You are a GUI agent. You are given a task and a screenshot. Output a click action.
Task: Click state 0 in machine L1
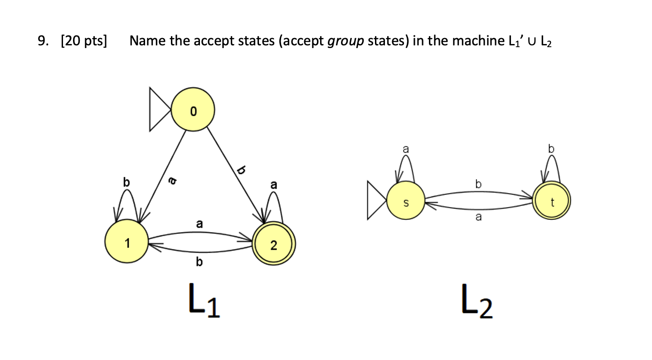coord(193,110)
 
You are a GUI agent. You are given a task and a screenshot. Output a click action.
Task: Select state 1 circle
coord(127,243)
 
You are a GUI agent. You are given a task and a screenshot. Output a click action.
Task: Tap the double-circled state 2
coord(273,245)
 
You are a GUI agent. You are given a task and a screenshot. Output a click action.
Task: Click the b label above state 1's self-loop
coord(126,183)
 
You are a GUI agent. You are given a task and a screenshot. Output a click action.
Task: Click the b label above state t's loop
coord(551,148)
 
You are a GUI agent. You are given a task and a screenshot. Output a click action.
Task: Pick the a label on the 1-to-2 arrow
coord(199,224)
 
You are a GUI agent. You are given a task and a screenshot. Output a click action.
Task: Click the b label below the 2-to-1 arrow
coord(199,262)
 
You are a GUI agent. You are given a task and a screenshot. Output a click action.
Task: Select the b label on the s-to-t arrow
coord(478,184)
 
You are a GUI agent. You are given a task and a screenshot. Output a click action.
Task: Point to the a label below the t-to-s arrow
coord(478,218)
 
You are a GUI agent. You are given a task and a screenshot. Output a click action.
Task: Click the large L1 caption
coord(203,302)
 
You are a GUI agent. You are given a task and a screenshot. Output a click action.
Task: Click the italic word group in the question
coord(346,42)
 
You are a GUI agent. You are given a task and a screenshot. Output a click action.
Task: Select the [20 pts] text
coord(84,42)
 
